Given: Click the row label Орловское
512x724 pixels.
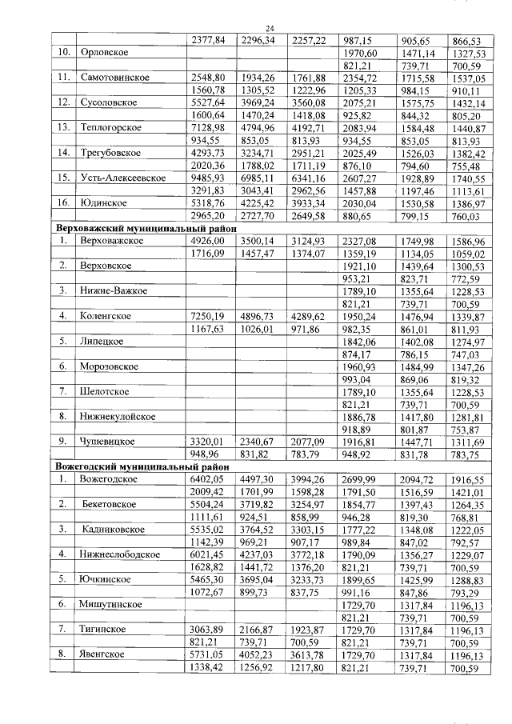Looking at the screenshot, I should point(106,52).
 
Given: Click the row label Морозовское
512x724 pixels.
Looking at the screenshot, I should point(110,366).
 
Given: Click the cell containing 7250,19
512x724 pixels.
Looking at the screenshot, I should point(210,315).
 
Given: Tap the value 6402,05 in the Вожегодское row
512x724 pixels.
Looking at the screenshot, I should point(210,478).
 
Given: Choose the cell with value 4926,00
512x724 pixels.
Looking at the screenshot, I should point(210,240).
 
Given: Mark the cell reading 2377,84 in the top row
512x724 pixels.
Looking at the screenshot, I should point(210,39).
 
